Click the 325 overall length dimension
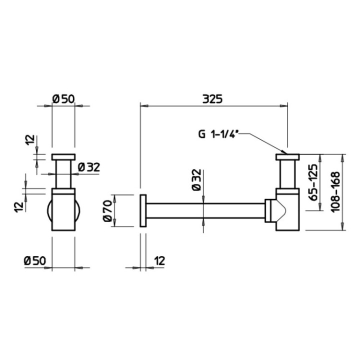tap(212, 98)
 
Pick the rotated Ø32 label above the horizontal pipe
tap(196, 180)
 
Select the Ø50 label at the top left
tap(63, 98)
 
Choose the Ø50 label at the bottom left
tap(35, 260)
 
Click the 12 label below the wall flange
tap(159, 260)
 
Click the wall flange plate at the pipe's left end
tap(143, 210)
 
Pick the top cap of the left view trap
tap(63, 156)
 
